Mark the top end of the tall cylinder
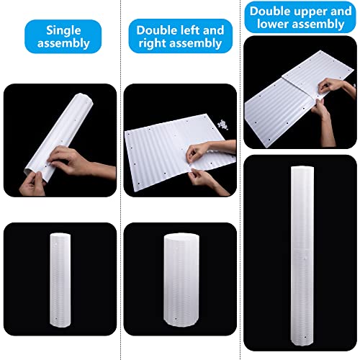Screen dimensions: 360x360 [300, 170]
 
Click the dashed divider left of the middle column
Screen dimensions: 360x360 [119, 180]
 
